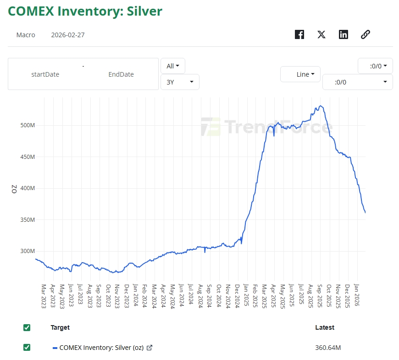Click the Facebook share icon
pyautogui.click(x=299, y=34)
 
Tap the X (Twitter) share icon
pyautogui.click(x=321, y=34)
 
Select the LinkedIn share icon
pyautogui.click(x=344, y=34)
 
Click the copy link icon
pyautogui.click(x=366, y=34)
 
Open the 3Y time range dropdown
pyautogui.click(x=180, y=82)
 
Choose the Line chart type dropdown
pyautogui.click(x=300, y=74)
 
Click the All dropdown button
pyautogui.click(x=173, y=66)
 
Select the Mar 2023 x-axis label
pyautogui.click(x=44, y=296)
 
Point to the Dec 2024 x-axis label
pyautogui.click(x=238, y=296)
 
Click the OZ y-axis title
pyautogui.click(x=14, y=189)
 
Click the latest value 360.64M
pyautogui.click(x=328, y=348)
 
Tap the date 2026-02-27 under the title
pyautogui.click(x=68, y=35)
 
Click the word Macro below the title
pyautogui.click(x=26, y=35)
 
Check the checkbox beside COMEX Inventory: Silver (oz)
pyautogui.click(x=27, y=347)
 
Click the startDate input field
pyautogui.click(x=45, y=74)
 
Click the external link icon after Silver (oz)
pyautogui.click(x=149, y=348)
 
